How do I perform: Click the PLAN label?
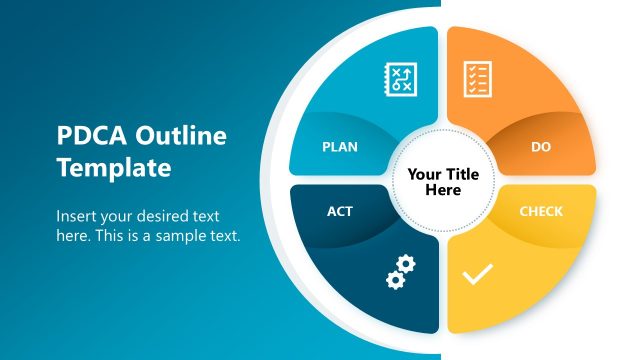340,147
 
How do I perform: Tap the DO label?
541,147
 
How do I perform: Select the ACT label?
340,212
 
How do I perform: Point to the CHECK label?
541,212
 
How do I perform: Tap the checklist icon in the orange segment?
477,79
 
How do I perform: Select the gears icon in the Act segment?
400,272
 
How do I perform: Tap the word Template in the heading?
113,167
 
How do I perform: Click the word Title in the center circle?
461,174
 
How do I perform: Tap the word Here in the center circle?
443,190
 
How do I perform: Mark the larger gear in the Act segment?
395,279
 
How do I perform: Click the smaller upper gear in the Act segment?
407,264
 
